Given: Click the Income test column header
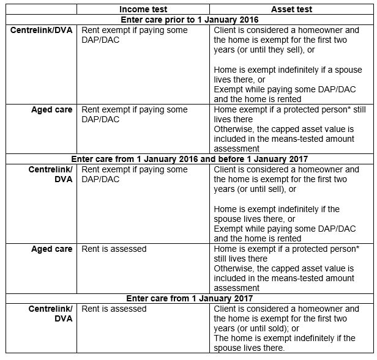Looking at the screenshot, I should pyautogui.click(x=143, y=9).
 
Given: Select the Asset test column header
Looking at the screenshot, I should pyautogui.click(x=291, y=9).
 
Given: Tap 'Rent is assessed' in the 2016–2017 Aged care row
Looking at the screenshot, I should pyautogui.click(x=114, y=249).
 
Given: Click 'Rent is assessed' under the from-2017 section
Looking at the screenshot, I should pyautogui.click(x=114, y=309).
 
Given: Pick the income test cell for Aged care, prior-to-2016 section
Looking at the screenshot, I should pyautogui.click(x=143, y=128).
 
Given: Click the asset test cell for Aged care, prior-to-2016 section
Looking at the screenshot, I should pyautogui.click(x=291, y=128).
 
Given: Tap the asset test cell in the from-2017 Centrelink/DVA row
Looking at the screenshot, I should pyautogui.click(x=291, y=328).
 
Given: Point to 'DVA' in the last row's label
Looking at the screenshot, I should pyautogui.click(x=62, y=318).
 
